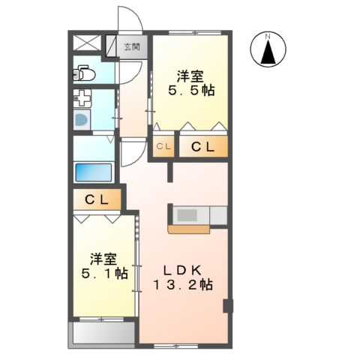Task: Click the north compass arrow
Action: (x=268, y=52)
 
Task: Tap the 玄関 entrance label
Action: (x=131, y=47)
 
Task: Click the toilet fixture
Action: (x=82, y=73)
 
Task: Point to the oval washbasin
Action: (x=81, y=120)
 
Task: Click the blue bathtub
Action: (x=94, y=171)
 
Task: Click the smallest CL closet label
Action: (x=163, y=147)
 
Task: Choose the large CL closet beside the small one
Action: (x=201, y=147)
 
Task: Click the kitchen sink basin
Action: (x=187, y=215)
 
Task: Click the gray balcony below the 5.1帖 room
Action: (x=102, y=334)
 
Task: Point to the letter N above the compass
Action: (x=268, y=34)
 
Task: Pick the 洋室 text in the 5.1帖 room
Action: (x=104, y=259)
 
